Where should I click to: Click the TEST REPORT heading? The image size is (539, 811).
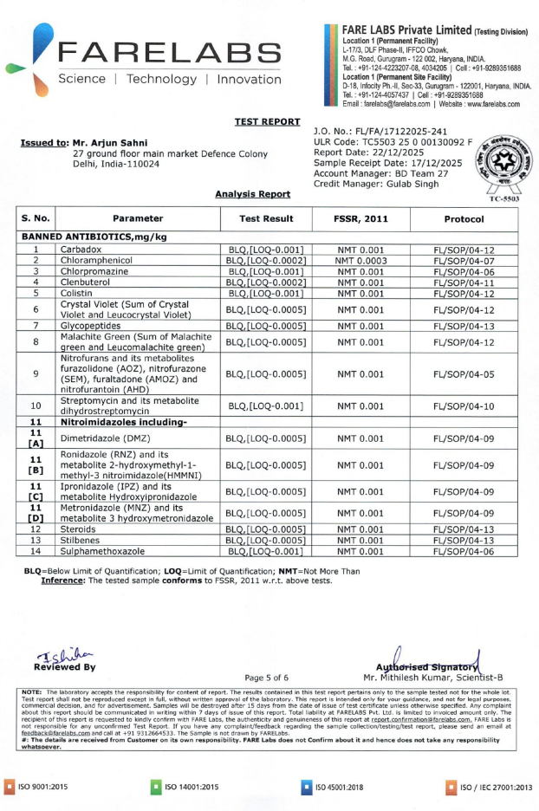267,121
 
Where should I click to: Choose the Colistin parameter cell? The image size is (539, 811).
78,293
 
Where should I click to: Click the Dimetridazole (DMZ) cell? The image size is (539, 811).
105,439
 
